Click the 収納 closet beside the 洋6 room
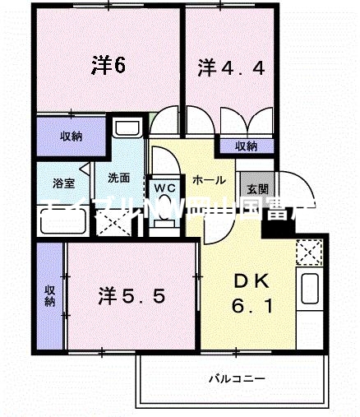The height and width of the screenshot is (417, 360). point(71,137)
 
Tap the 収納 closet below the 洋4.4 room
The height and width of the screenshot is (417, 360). point(245,146)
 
